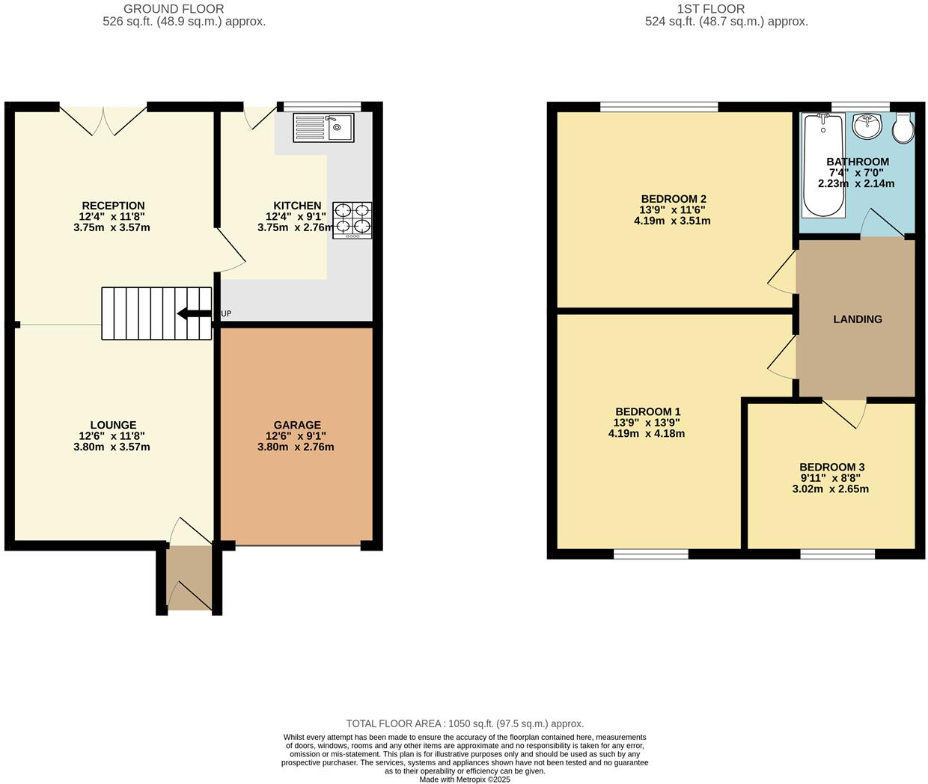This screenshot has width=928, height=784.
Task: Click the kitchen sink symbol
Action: click(323, 127)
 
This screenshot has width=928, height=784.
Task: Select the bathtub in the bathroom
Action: click(822, 165)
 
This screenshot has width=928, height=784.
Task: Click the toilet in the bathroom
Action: click(903, 128)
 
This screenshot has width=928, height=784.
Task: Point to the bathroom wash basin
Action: click(867, 126)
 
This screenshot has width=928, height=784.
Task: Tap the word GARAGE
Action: click(297, 425)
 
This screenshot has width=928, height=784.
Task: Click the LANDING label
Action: click(858, 319)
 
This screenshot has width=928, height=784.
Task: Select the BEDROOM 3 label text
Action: click(831, 467)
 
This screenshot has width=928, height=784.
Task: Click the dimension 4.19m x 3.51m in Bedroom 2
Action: click(671, 221)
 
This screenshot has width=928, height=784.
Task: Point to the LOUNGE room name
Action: click(114, 425)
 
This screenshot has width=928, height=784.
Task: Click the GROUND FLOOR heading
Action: click(174, 9)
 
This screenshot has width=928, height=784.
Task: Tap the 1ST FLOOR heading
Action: click(711, 9)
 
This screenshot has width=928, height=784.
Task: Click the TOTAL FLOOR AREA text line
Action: click(465, 723)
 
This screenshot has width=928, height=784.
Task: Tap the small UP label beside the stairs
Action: click(226, 313)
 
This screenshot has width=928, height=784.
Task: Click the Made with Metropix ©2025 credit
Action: click(465, 780)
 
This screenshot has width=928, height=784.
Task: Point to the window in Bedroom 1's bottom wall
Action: click(651, 554)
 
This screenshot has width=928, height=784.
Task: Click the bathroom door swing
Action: click(881, 224)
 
